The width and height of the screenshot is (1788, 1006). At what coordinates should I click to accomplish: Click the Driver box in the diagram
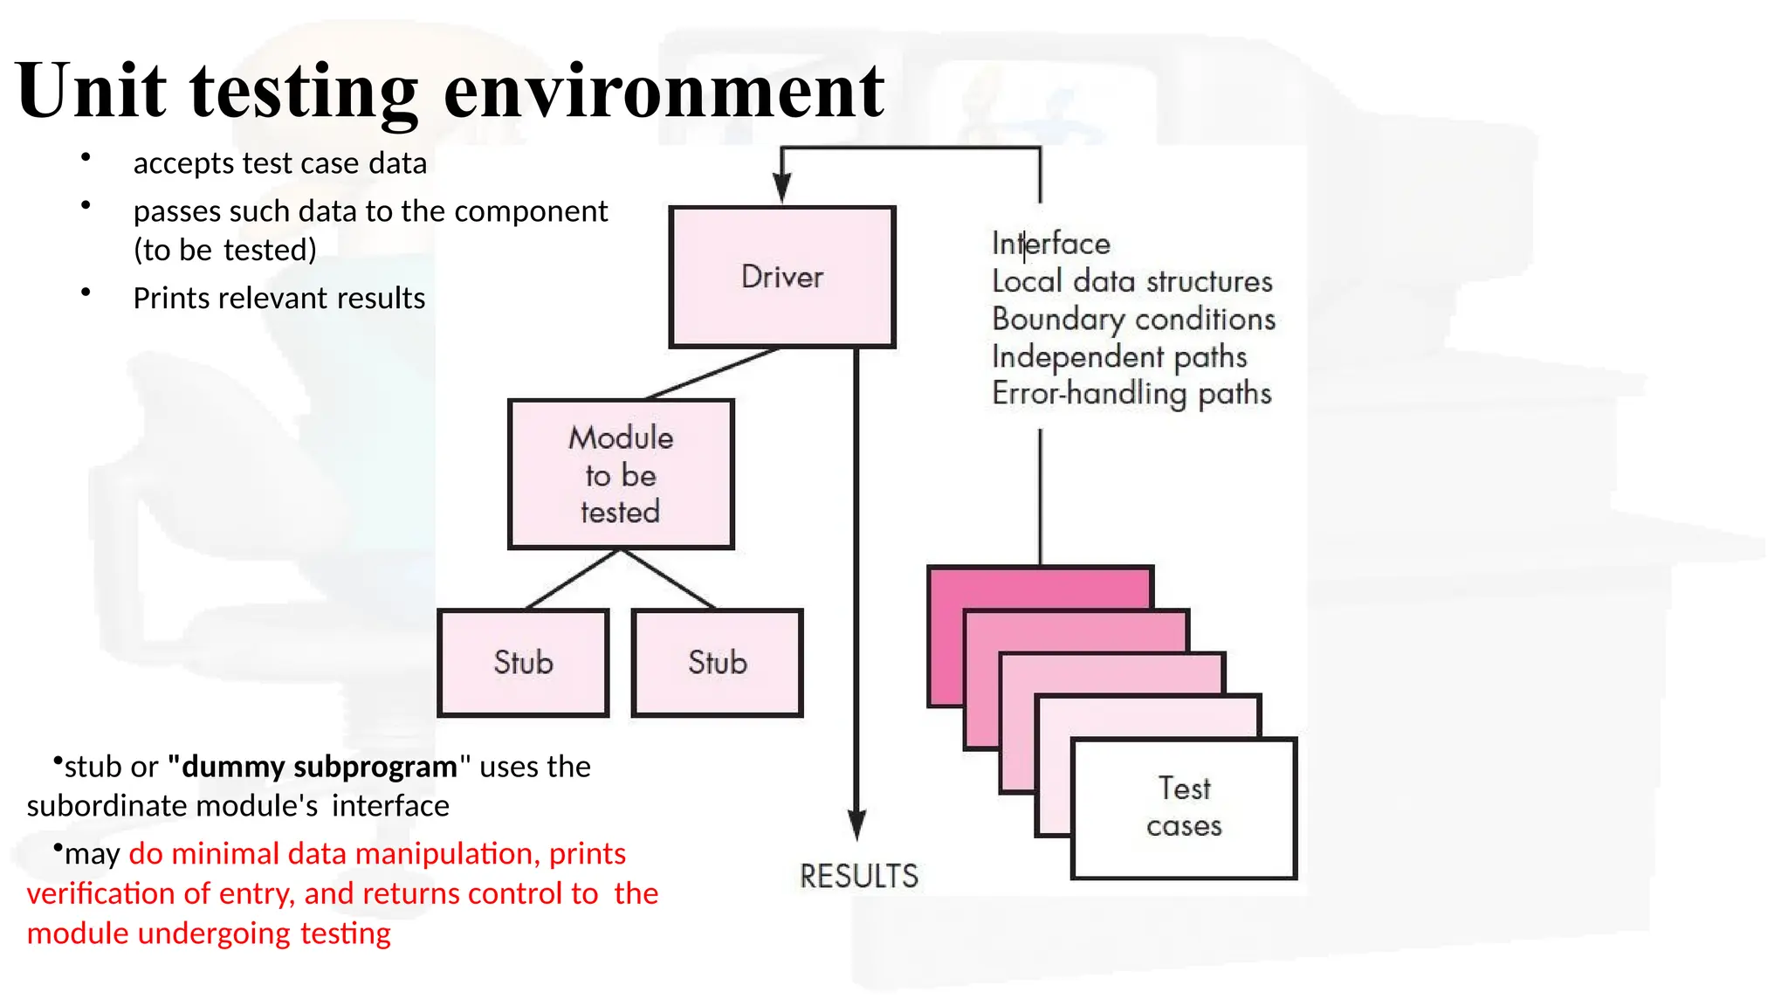[782, 277]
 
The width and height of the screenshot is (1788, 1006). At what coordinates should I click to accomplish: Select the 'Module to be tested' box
[621, 474]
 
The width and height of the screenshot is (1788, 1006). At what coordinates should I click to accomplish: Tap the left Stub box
[523, 663]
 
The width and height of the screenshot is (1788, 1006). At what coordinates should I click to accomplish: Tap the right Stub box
[717, 663]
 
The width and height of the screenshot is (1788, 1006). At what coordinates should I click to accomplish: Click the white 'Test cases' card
[1184, 808]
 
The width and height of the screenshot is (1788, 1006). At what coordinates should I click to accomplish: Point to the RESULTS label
[859, 876]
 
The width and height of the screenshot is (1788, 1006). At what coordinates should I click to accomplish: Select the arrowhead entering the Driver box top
[782, 187]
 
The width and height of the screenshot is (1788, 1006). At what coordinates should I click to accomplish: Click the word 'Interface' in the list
[1051, 244]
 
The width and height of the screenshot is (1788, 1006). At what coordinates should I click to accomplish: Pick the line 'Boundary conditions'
[1133, 319]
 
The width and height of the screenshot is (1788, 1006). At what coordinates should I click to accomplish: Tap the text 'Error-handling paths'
[1131, 394]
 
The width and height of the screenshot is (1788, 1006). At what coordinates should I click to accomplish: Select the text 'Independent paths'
[1119, 356]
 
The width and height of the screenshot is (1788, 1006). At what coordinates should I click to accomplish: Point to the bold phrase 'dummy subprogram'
[320, 767]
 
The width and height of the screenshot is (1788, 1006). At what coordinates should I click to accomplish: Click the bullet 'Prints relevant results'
[279, 299]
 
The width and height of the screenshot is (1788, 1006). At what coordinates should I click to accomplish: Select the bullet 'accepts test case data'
[279, 163]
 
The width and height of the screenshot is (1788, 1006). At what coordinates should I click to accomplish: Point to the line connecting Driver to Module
[712, 374]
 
